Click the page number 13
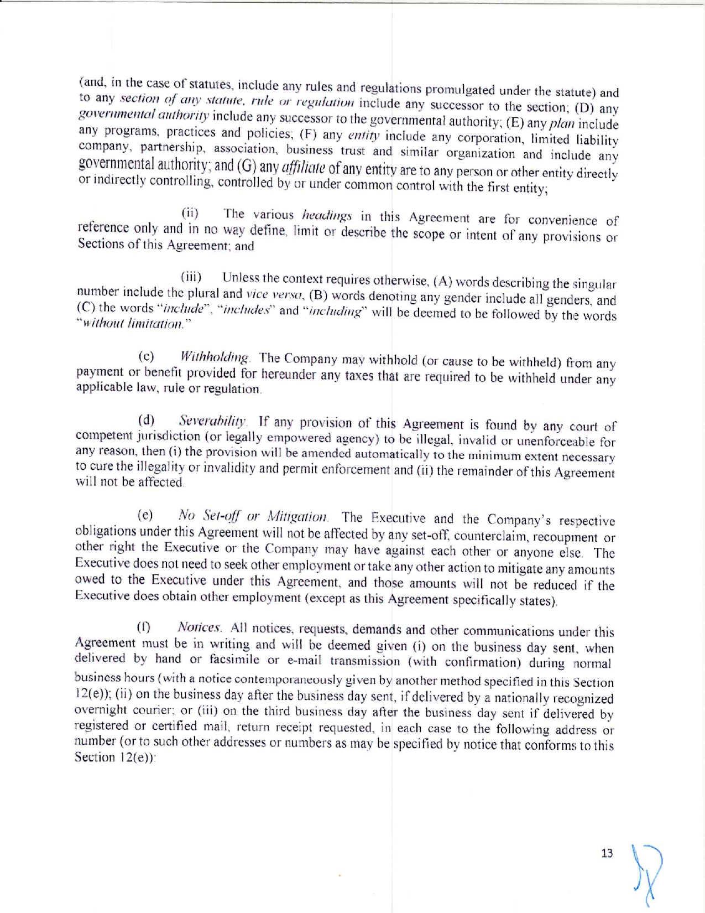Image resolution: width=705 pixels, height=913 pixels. [x=607, y=853]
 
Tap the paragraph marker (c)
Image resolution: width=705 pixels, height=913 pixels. [x=146, y=356]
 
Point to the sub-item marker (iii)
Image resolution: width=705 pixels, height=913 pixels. [x=191, y=277]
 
